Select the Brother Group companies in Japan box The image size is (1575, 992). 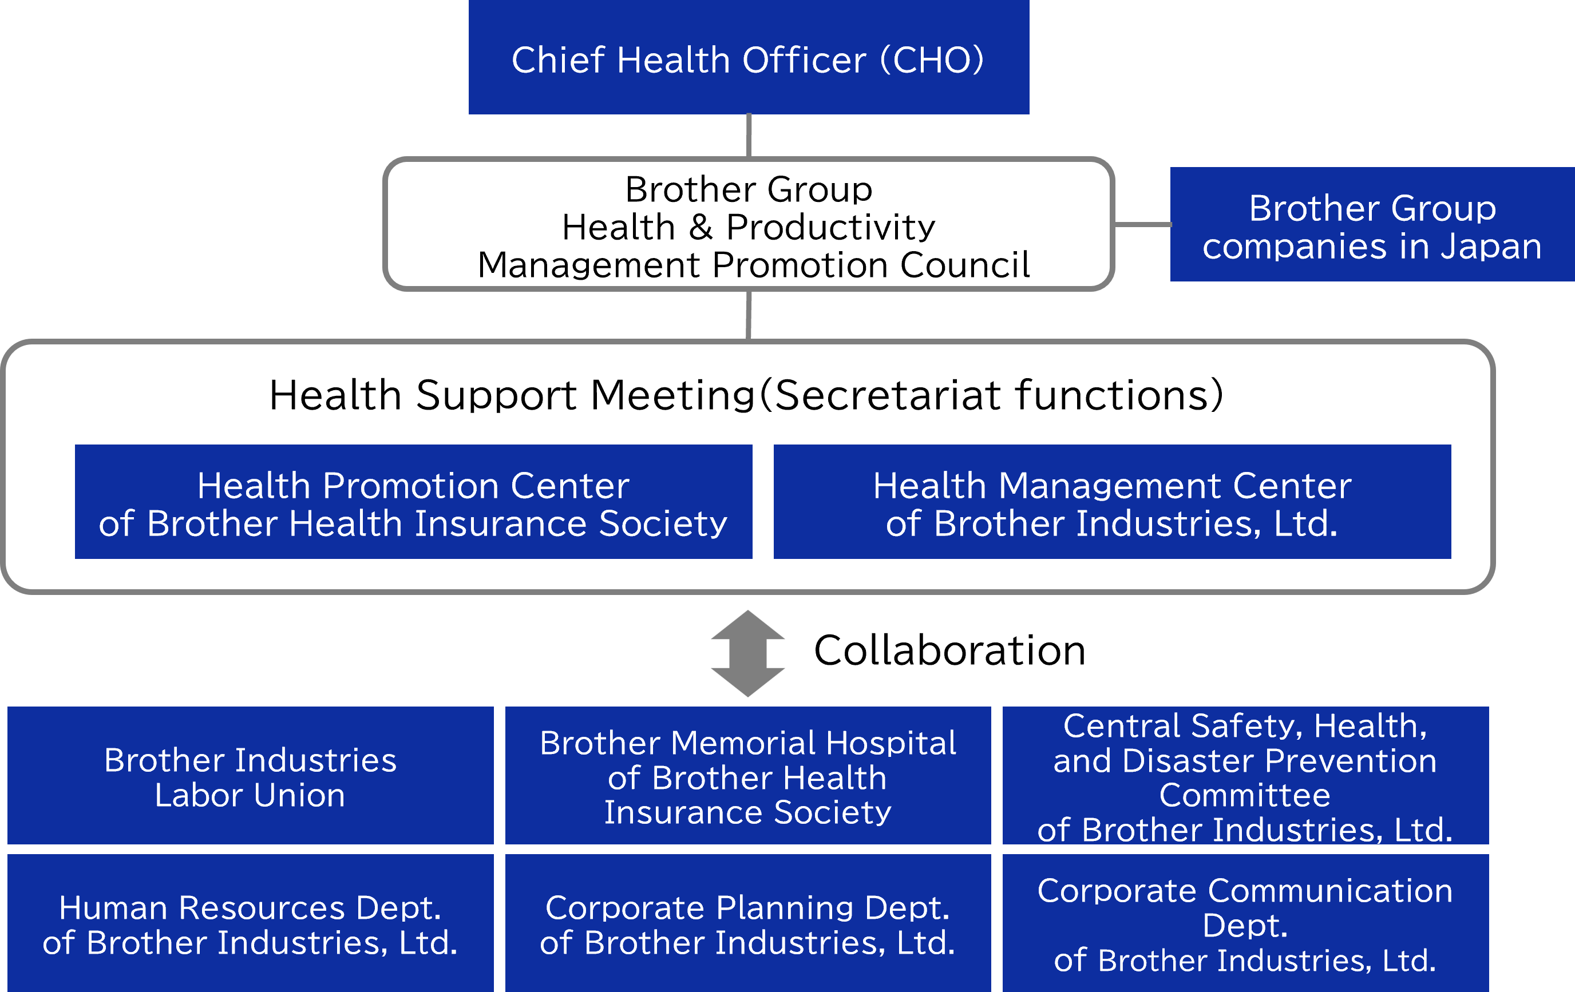point(1372,224)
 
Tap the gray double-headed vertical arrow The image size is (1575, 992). point(747,653)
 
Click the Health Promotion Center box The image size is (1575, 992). point(413,502)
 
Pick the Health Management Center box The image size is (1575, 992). point(1112,502)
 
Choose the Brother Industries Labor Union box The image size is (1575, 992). point(251,776)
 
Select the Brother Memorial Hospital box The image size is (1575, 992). point(747,776)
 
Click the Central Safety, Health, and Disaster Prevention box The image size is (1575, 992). point(1245,776)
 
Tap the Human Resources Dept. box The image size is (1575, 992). point(251,923)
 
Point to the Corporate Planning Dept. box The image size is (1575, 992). point(747,923)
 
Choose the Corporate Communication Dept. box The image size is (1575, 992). point(1245,923)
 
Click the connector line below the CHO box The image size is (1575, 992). point(749,136)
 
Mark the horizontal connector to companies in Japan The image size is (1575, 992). point(1142,224)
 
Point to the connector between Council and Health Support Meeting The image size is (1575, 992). point(749,315)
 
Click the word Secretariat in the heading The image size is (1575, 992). point(888,396)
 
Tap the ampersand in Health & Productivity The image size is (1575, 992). point(701,228)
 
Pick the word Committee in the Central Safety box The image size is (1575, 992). point(1245,796)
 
